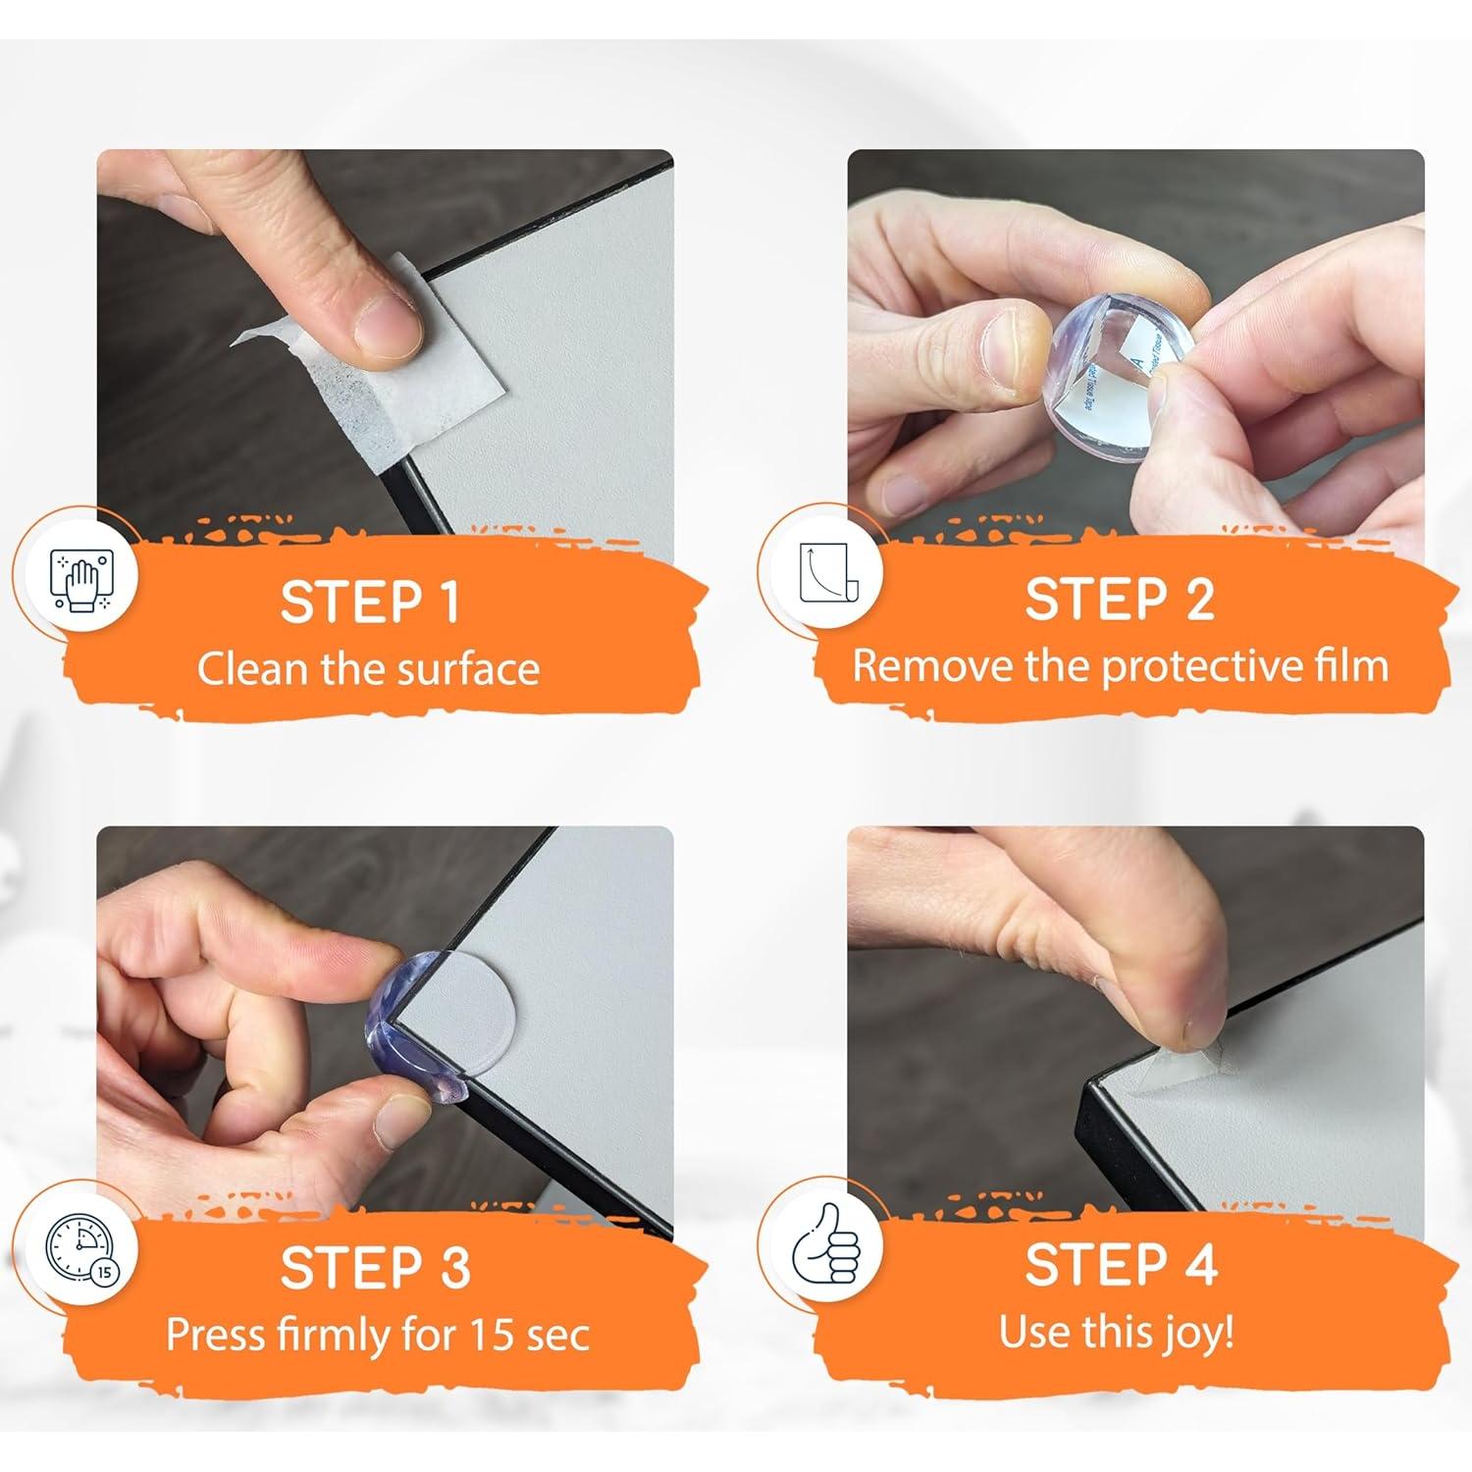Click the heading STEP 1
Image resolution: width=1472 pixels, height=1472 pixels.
pyautogui.click(x=370, y=602)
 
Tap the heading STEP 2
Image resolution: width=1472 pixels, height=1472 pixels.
pyautogui.click(x=1120, y=599)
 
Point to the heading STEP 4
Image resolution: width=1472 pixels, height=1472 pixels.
pyautogui.click(x=1121, y=1265)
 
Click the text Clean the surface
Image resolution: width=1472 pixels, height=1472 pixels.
pyautogui.click(x=368, y=669)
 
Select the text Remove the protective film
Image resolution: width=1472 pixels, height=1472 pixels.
pyautogui.click(x=1120, y=666)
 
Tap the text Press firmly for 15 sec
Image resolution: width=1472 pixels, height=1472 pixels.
pyautogui.click(x=377, y=1335)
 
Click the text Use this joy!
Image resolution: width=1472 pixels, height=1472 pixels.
pyautogui.click(x=1117, y=1333)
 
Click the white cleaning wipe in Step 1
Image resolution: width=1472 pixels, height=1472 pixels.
pyautogui.click(x=412, y=393)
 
